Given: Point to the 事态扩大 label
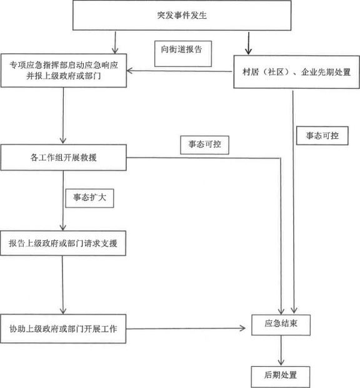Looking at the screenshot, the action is click(x=89, y=198).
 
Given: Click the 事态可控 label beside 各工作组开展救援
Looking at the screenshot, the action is click(x=204, y=145).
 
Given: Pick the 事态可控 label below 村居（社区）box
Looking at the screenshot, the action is click(x=322, y=136).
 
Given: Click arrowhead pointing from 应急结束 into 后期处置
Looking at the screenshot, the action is click(x=281, y=362).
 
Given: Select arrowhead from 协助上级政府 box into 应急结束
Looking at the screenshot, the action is click(x=242, y=329).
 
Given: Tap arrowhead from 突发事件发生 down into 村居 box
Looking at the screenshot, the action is click(x=248, y=51).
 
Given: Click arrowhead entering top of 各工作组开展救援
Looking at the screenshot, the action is click(x=63, y=140).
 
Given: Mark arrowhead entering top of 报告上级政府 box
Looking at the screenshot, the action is click(x=63, y=227).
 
